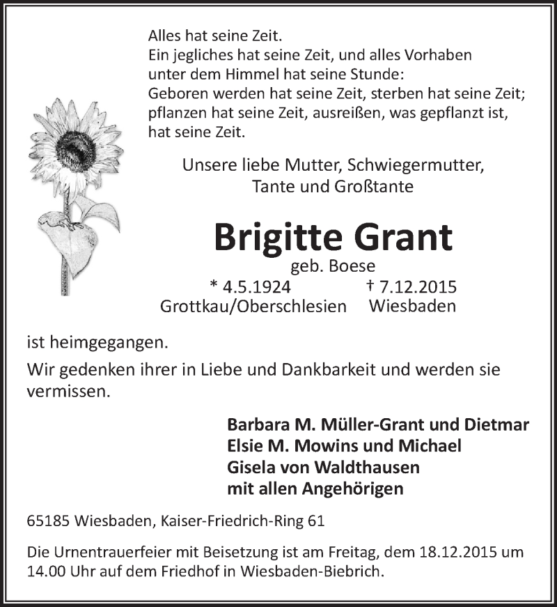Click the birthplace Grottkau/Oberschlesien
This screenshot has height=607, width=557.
coord(253,306)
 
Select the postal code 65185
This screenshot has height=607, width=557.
coord(47,521)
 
